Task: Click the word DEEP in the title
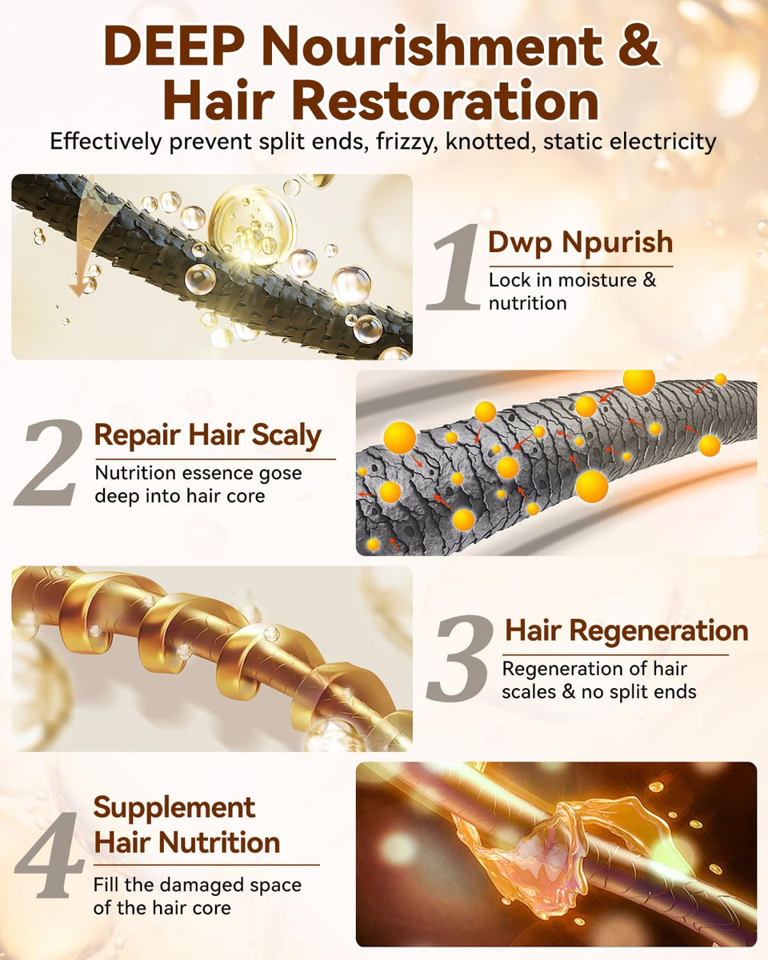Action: click(176, 47)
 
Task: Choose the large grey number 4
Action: click(49, 854)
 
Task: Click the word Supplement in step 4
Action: click(174, 807)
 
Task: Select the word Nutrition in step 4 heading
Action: click(219, 843)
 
